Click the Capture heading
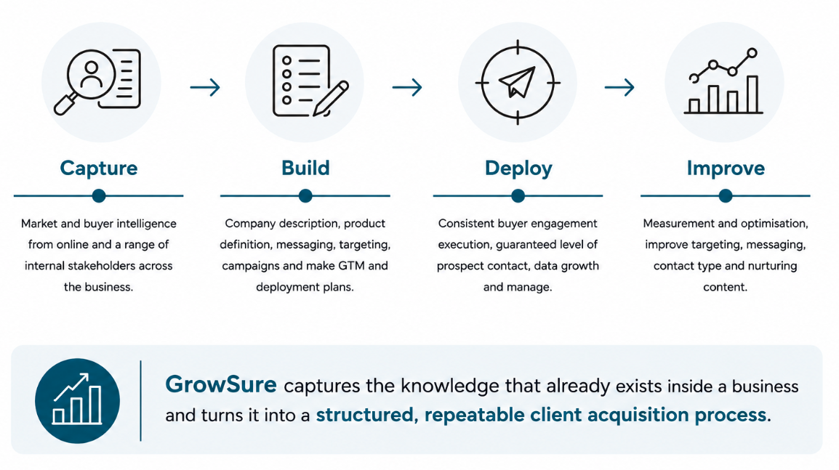click(98, 169)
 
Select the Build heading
click(305, 168)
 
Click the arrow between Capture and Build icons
click(205, 87)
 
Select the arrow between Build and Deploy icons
click(407, 87)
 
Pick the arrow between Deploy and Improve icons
click(619, 87)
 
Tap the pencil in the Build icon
click(330, 99)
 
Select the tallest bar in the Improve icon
click(752, 94)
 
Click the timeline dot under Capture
click(98, 195)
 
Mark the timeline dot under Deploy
click(518, 195)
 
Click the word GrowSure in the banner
click(220, 385)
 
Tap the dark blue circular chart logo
click(77, 400)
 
